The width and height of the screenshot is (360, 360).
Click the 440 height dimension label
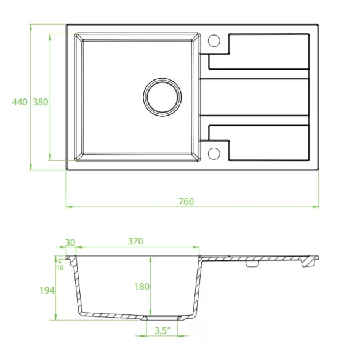coord(20,102)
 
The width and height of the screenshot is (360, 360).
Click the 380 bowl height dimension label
coord(41,102)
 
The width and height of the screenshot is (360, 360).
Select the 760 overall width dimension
coord(186,201)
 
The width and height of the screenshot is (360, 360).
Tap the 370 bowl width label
coord(135,241)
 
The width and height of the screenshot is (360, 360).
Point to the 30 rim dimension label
coord(70,242)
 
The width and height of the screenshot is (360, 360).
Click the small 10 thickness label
coord(60,268)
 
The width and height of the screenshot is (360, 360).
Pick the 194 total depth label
coord(47,290)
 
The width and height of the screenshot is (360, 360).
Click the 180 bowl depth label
coord(142,287)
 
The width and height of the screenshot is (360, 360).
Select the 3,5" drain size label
coord(162,330)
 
